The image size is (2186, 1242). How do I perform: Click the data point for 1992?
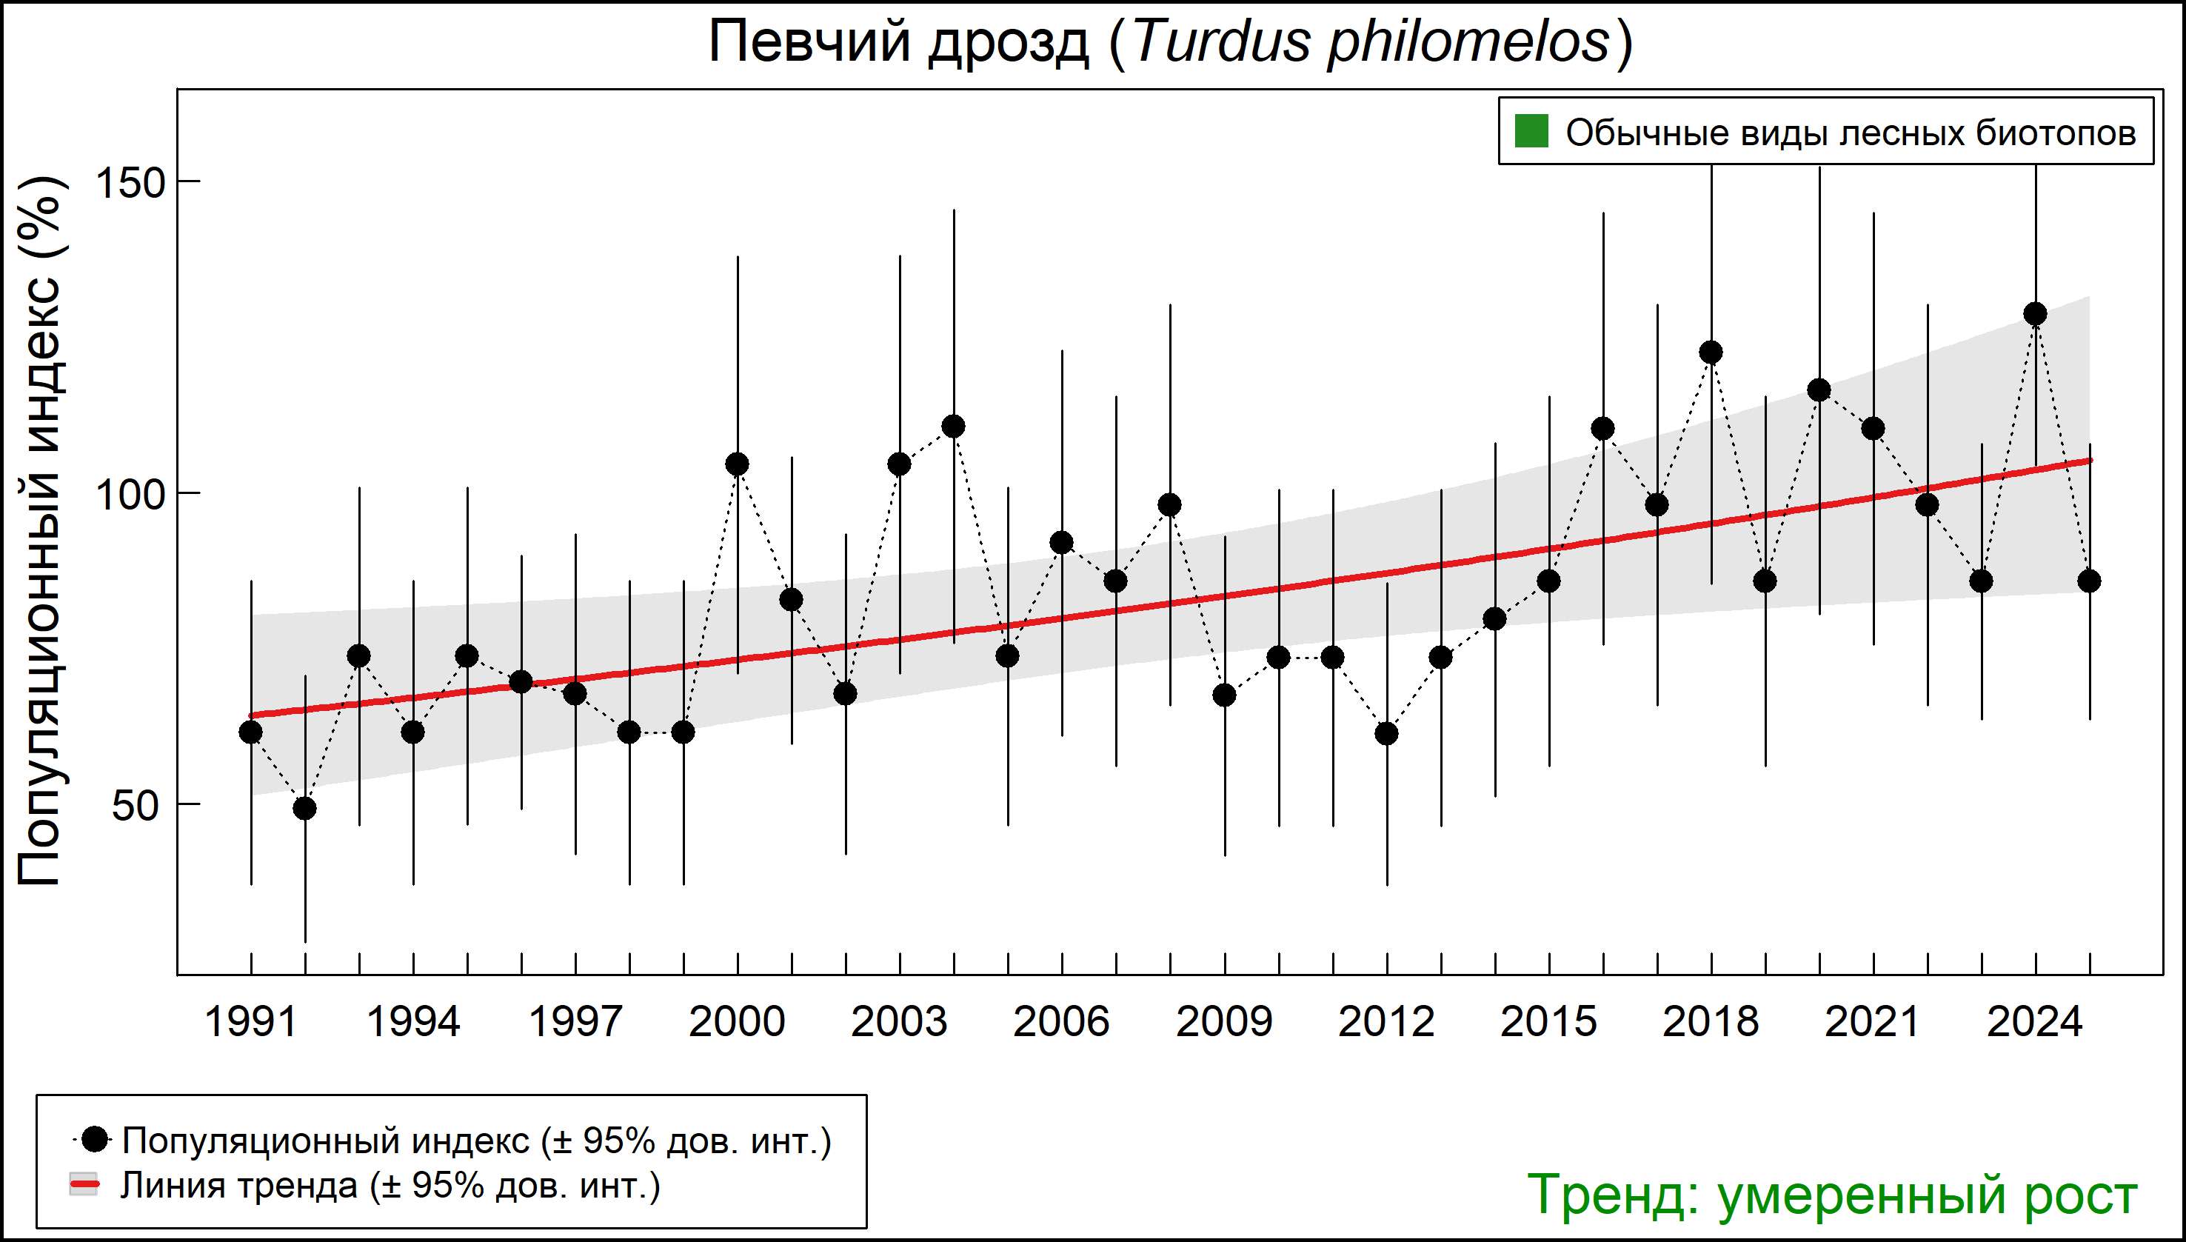tap(304, 808)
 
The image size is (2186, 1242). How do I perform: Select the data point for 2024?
tap(2035, 314)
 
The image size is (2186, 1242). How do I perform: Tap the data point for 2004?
tap(954, 426)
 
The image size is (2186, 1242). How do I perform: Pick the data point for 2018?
tap(1711, 353)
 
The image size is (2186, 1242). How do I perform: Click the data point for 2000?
tap(737, 464)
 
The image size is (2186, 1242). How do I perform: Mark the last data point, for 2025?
tap(2089, 581)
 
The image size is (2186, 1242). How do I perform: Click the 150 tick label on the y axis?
tap(130, 182)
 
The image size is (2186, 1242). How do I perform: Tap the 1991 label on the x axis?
tap(251, 1022)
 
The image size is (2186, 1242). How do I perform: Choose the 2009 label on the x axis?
tap(1224, 1022)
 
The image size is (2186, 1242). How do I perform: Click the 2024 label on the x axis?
tap(2035, 1022)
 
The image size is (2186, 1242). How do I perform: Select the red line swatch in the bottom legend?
tap(84, 1185)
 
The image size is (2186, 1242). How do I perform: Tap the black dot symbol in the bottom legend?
tap(96, 1139)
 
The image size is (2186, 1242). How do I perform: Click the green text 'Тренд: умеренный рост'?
tap(1831, 1194)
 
